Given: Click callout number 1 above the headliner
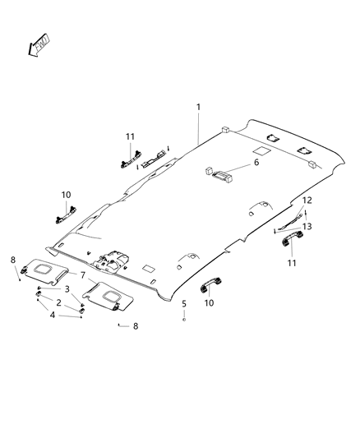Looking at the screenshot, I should (198, 108).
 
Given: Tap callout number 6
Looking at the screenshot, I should (256, 163).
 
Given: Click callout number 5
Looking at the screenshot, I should (184, 303).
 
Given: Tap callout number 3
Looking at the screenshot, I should (67, 289).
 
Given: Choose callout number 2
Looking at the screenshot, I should (58, 302).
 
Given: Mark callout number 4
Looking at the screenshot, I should (53, 315).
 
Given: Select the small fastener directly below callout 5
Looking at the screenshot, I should (184, 319).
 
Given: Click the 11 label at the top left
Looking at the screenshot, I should (130, 136).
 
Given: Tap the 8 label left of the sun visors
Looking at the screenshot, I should (13, 260).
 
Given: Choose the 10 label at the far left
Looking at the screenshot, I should (66, 195).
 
